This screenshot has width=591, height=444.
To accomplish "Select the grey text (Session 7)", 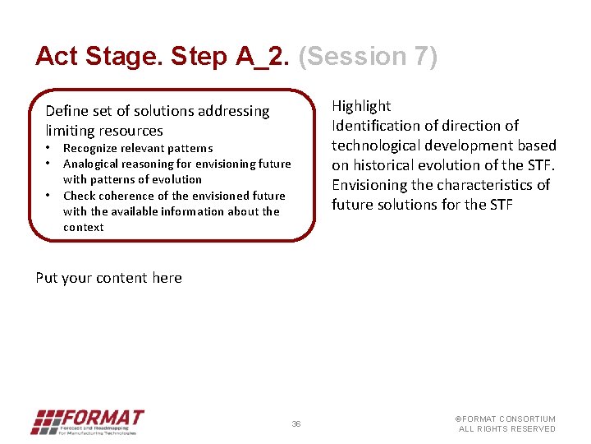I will coord(369,56).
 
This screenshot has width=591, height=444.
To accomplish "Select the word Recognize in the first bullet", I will coord(92,149).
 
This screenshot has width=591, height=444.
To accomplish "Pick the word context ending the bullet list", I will coord(84,227).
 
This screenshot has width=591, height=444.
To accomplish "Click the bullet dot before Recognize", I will coord(49,148).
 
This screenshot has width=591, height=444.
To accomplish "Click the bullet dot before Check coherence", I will coord(49,195).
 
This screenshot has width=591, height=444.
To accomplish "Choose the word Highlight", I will coord(361,106).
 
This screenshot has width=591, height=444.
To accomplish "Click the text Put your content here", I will coord(108,278).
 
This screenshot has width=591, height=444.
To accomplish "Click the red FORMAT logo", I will coord(88,422).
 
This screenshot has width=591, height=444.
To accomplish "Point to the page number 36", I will coord(296,424).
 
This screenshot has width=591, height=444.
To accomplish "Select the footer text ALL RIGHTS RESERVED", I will coord(506,429).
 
